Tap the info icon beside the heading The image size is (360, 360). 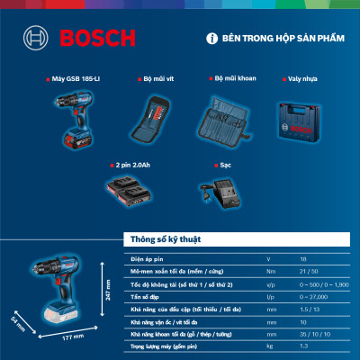tap(212, 40)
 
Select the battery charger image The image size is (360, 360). tap(219, 191)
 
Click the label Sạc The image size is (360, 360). tap(226, 166)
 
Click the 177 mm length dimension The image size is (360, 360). tap(59, 336)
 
